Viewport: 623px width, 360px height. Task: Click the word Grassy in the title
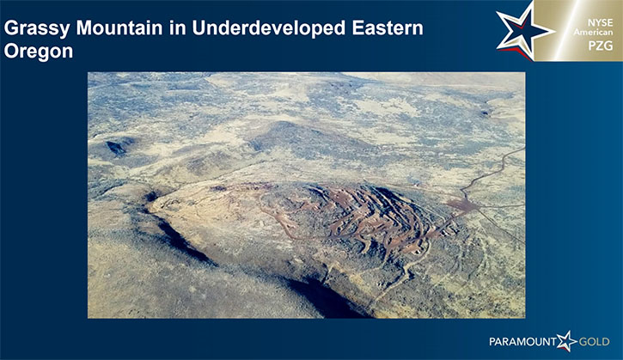point(37,29)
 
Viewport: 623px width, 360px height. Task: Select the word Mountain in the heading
point(119,28)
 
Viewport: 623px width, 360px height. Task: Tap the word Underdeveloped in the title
point(269,29)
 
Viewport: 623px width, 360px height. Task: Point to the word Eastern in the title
point(388,28)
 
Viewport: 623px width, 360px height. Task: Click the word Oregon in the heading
point(39,52)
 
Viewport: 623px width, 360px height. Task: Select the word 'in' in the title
point(178,28)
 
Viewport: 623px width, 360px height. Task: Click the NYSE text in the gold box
point(601,22)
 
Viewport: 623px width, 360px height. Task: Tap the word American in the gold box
point(593,32)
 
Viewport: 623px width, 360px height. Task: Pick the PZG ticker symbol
point(601,46)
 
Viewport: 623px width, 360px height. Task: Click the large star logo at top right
point(523,32)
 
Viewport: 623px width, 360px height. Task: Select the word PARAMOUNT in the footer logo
point(522,342)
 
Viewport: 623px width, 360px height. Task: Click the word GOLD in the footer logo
point(594,342)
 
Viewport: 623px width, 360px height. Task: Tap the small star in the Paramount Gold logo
point(566,341)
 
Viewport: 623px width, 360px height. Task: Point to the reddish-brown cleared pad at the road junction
point(461,205)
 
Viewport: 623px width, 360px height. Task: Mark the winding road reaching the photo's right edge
point(492,172)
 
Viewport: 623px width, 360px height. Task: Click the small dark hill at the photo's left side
point(117,147)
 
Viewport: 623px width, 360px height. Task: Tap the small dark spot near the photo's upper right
point(486,113)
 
